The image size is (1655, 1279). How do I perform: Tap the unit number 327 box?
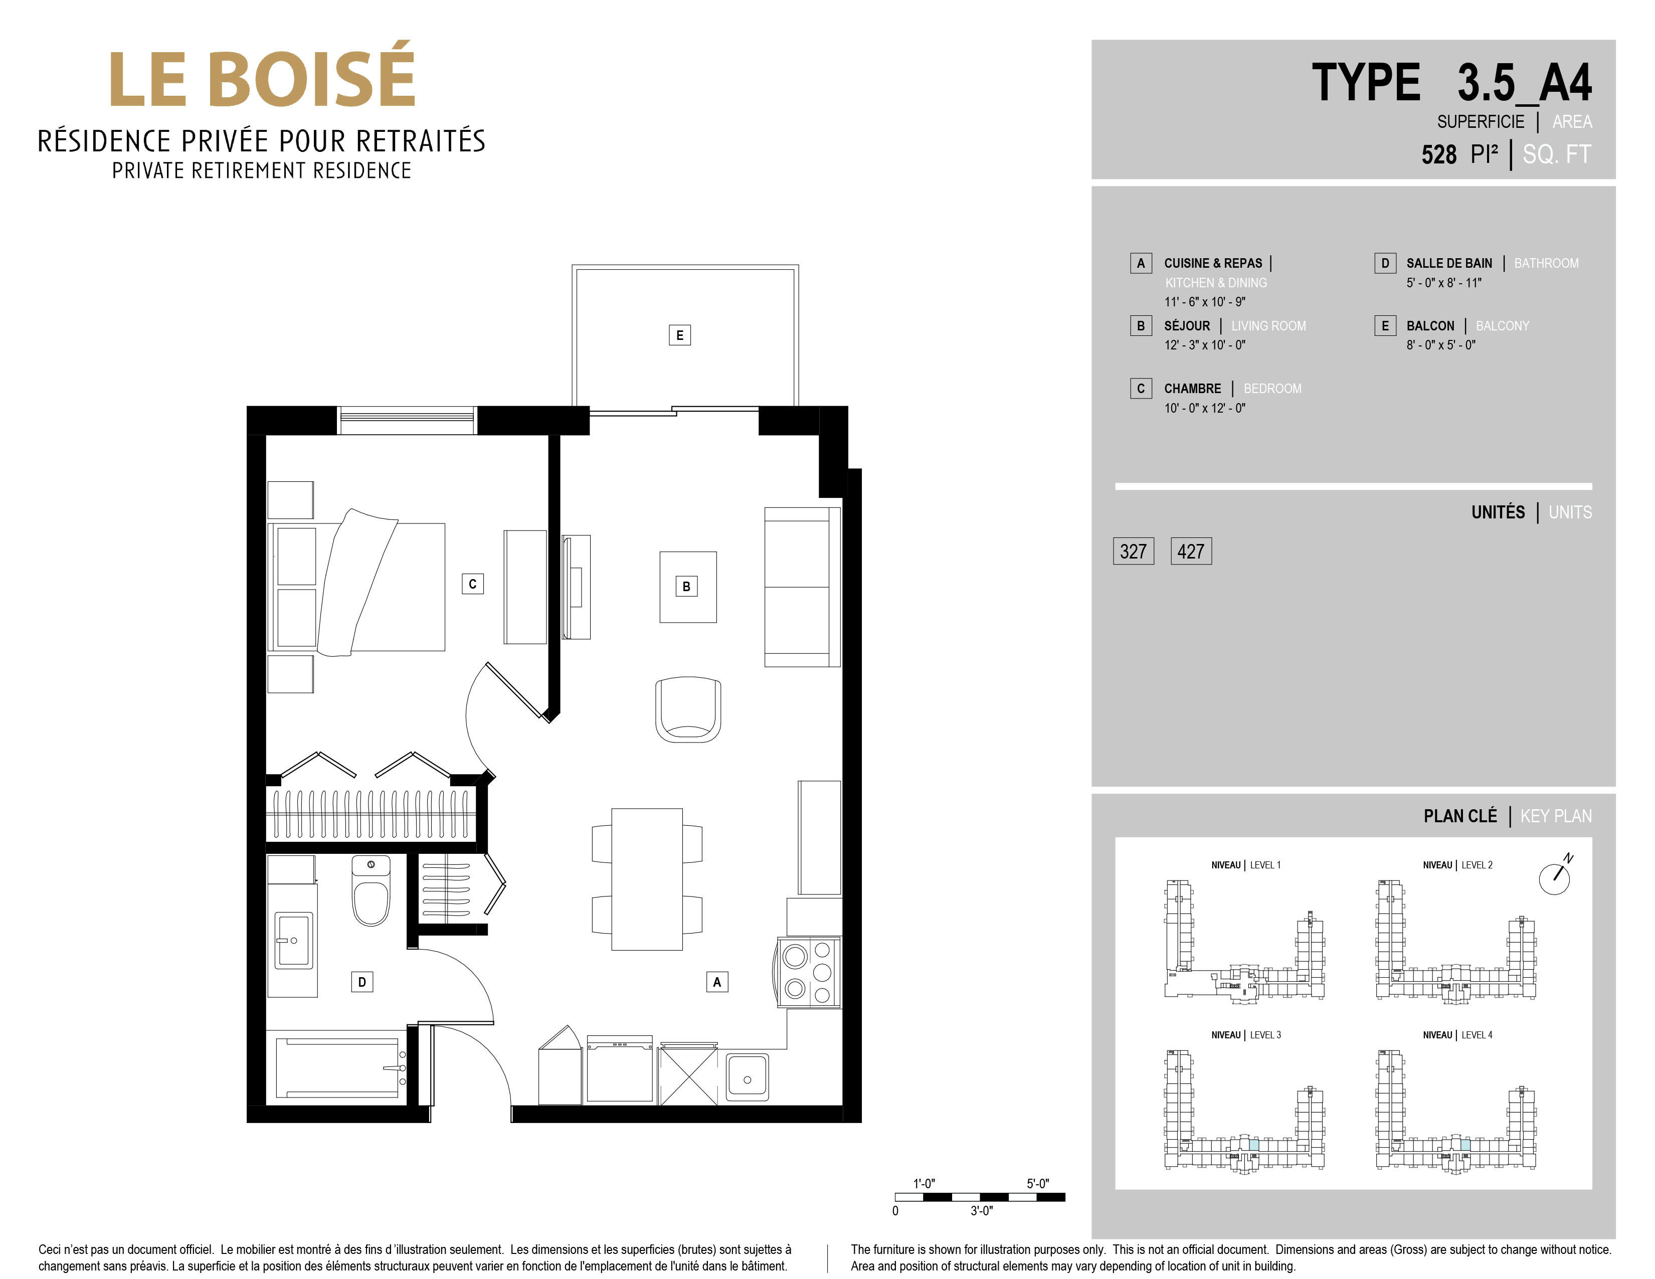[1133, 551]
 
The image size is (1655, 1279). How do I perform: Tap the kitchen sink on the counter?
[747, 1076]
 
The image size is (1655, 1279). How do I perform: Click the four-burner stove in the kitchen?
[809, 972]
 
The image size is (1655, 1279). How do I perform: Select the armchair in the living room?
[688, 710]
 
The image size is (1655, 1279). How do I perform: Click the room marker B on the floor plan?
[686, 586]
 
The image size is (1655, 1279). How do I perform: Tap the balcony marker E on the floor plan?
[680, 335]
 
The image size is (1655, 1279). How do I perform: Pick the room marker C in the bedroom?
[473, 584]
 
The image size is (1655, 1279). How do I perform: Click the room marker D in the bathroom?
[362, 982]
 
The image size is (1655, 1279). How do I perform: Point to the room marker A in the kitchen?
[717, 982]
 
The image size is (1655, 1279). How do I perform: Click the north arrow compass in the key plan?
[1555, 877]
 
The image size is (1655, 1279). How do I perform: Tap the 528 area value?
[1439, 154]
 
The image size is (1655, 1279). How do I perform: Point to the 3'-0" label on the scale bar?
[981, 1211]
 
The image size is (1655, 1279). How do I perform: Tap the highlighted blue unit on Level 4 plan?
[1465, 1146]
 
